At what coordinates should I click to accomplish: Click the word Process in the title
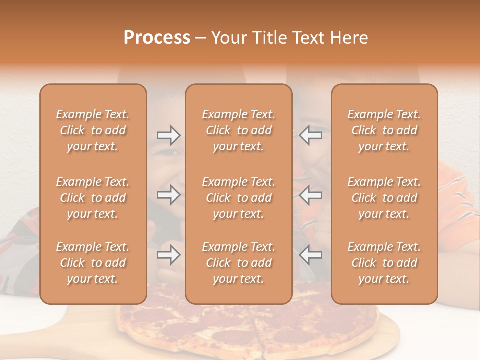point(157,38)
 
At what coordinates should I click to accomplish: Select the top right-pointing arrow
point(169,135)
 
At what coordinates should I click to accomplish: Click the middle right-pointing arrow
point(169,194)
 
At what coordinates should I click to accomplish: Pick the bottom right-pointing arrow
point(169,255)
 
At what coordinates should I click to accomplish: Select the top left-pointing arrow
point(310,135)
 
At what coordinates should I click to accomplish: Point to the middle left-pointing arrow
point(310,194)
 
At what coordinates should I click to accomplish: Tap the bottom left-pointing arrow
point(310,255)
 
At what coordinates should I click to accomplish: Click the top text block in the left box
point(93,130)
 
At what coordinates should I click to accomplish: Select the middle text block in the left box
point(93,198)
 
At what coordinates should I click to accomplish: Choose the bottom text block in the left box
point(93,263)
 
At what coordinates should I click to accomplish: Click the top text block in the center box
point(238,130)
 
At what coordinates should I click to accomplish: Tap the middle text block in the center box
point(238,198)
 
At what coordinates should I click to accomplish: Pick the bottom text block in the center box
point(238,263)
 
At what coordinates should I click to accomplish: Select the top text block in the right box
point(384,130)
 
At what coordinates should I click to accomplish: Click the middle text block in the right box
point(384,198)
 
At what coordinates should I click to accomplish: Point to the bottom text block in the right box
point(384,263)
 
